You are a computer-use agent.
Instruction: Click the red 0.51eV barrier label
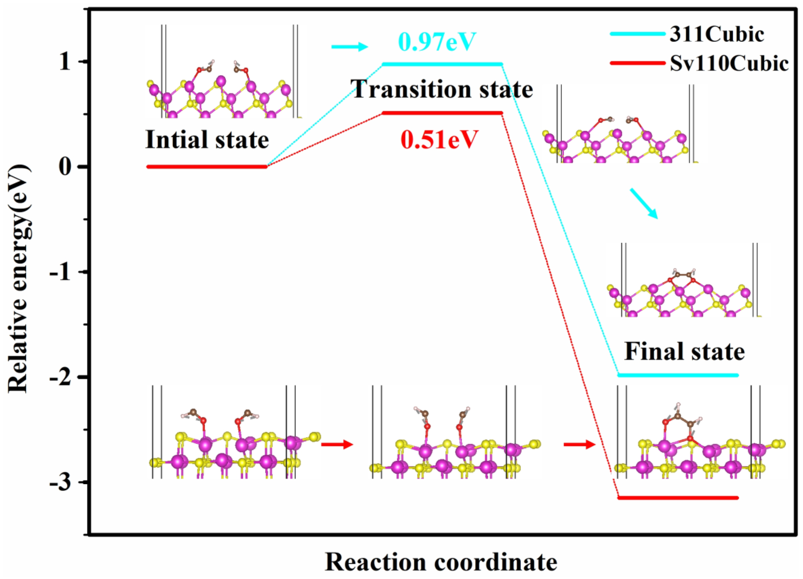click(439, 140)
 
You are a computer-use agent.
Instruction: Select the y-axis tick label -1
click(63, 272)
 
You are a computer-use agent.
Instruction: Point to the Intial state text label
click(207, 140)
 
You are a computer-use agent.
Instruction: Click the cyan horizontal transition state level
click(443, 64)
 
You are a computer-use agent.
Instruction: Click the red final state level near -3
click(678, 498)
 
